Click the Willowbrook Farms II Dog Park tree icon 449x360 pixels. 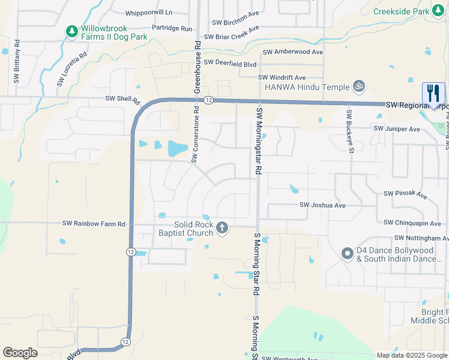(x=71, y=29)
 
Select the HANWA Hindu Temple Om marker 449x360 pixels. (x=359, y=86)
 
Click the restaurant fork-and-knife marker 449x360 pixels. (x=433, y=94)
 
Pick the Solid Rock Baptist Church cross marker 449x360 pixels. (x=222, y=228)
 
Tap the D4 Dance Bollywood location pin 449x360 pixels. (x=347, y=254)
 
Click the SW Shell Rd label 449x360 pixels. (x=122, y=99)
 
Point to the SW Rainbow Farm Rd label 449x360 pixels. (x=94, y=223)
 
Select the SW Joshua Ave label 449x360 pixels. (x=322, y=205)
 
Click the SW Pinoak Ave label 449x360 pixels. (x=405, y=194)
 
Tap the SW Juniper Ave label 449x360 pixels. (x=397, y=129)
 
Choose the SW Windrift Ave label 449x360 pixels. (x=282, y=77)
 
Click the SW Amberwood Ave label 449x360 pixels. (x=291, y=52)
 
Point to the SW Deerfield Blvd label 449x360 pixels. (x=230, y=62)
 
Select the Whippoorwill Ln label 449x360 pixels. (x=148, y=12)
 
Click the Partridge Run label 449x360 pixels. (x=172, y=28)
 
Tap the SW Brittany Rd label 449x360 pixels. (x=17, y=62)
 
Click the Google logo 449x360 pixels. (x=20, y=353)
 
